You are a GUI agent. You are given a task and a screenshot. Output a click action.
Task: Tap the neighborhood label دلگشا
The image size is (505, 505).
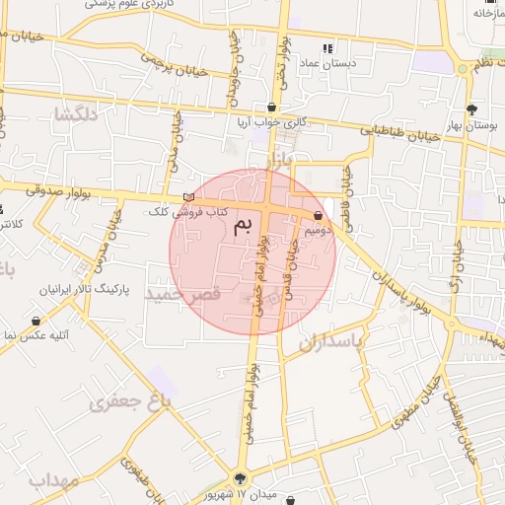click(78, 113)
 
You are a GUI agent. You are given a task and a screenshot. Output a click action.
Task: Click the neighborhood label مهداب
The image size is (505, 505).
click(51, 480)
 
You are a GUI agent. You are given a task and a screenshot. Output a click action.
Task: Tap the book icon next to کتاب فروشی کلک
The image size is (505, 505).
click(189, 198)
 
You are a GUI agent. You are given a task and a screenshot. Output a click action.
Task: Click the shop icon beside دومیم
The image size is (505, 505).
click(318, 215)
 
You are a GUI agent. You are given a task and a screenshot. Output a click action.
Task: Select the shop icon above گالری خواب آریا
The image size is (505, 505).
click(271, 108)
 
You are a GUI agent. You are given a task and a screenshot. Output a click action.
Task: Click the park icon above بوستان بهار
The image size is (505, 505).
click(470, 109)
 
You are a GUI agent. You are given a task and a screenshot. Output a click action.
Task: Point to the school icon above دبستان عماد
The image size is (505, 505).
click(327, 47)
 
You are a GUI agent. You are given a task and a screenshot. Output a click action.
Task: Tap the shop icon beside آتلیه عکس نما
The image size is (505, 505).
click(36, 322)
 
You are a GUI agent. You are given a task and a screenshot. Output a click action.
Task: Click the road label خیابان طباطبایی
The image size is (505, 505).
click(396, 131)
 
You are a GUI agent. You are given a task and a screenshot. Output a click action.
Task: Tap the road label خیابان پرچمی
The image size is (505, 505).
click(149, 58)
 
